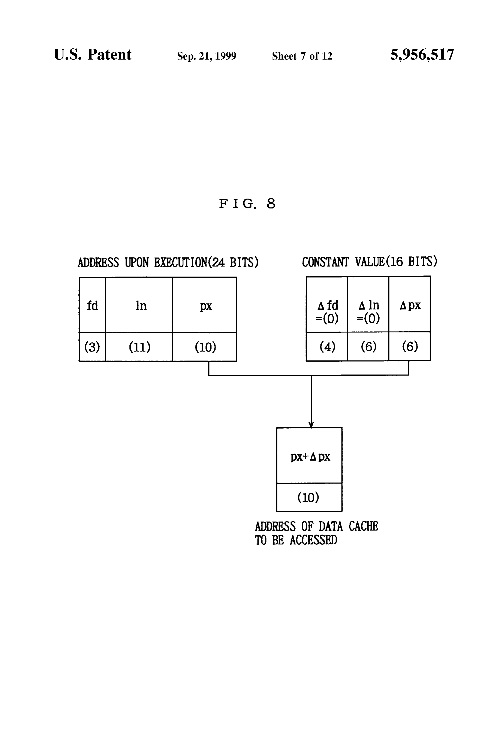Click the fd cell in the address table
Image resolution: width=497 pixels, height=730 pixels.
[x=92, y=305]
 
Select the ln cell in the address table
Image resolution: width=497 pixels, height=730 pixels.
[x=139, y=305]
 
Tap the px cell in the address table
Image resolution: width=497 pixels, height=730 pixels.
[x=205, y=305]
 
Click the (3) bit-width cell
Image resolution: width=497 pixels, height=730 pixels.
[x=92, y=347]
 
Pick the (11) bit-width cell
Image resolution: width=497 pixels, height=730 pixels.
[x=139, y=347]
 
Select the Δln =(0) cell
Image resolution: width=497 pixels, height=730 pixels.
[x=368, y=304]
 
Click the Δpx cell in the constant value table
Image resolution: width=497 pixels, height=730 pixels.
[x=410, y=304]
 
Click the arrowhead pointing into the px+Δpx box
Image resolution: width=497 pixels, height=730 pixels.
[x=311, y=425]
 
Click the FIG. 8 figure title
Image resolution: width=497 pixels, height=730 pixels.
[x=247, y=203]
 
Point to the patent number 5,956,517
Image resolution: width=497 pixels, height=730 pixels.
[x=422, y=55]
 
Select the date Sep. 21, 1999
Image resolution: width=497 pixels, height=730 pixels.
[x=207, y=56]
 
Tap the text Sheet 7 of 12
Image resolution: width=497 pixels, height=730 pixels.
[x=302, y=56]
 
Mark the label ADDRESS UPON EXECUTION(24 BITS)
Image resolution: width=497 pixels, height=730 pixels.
[x=168, y=262]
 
